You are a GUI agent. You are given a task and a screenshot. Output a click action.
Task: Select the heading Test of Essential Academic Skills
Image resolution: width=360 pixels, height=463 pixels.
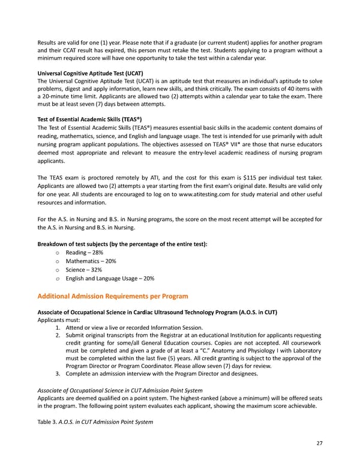(89, 119)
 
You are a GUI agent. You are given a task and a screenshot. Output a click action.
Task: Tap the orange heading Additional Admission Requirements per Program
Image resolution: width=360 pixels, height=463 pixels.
(113, 296)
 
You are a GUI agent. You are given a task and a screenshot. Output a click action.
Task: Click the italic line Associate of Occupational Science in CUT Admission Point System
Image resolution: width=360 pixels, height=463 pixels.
(118, 389)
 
